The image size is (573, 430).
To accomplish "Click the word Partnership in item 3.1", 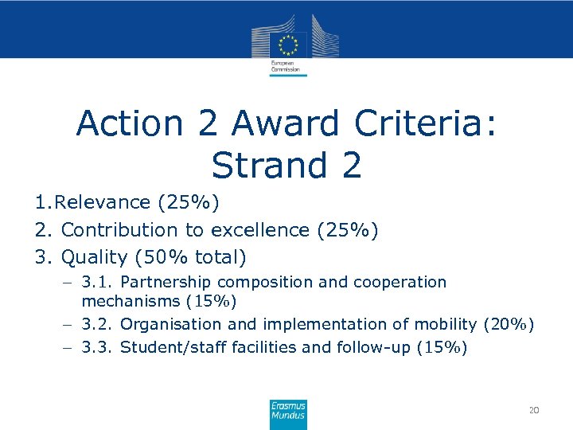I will (x=166, y=282).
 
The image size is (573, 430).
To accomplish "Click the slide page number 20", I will (x=534, y=410).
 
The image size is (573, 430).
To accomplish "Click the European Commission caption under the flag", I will (x=285, y=66).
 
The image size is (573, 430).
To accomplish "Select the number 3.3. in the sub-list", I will (x=98, y=347).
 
